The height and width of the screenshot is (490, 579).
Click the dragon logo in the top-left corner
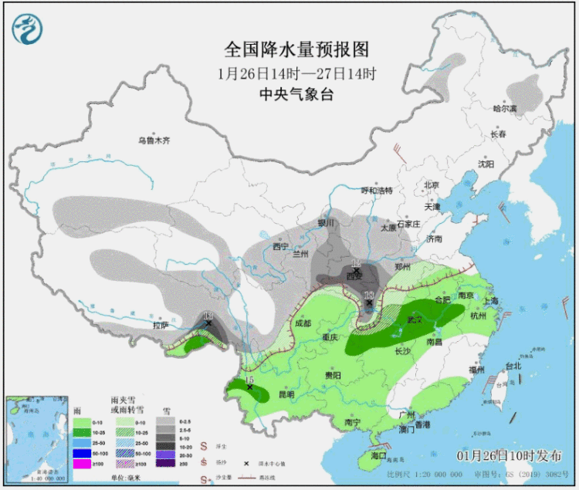(x=27, y=29)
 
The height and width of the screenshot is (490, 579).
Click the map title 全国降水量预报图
(x=296, y=50)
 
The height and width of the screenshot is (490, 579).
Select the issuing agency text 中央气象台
(x=296, y=94)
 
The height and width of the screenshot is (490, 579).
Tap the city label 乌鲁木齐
(x=153, y=140)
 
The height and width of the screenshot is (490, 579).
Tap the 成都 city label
(x=303, y=324)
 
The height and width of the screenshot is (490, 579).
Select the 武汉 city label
(x=417, y=319)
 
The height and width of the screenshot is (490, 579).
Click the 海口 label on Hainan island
(x=378, y=456)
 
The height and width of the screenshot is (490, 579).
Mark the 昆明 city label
(x=286, y=394)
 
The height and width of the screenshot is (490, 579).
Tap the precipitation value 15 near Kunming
(x=249, y=380)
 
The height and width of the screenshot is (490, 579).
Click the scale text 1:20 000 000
(x=421, y=471)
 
